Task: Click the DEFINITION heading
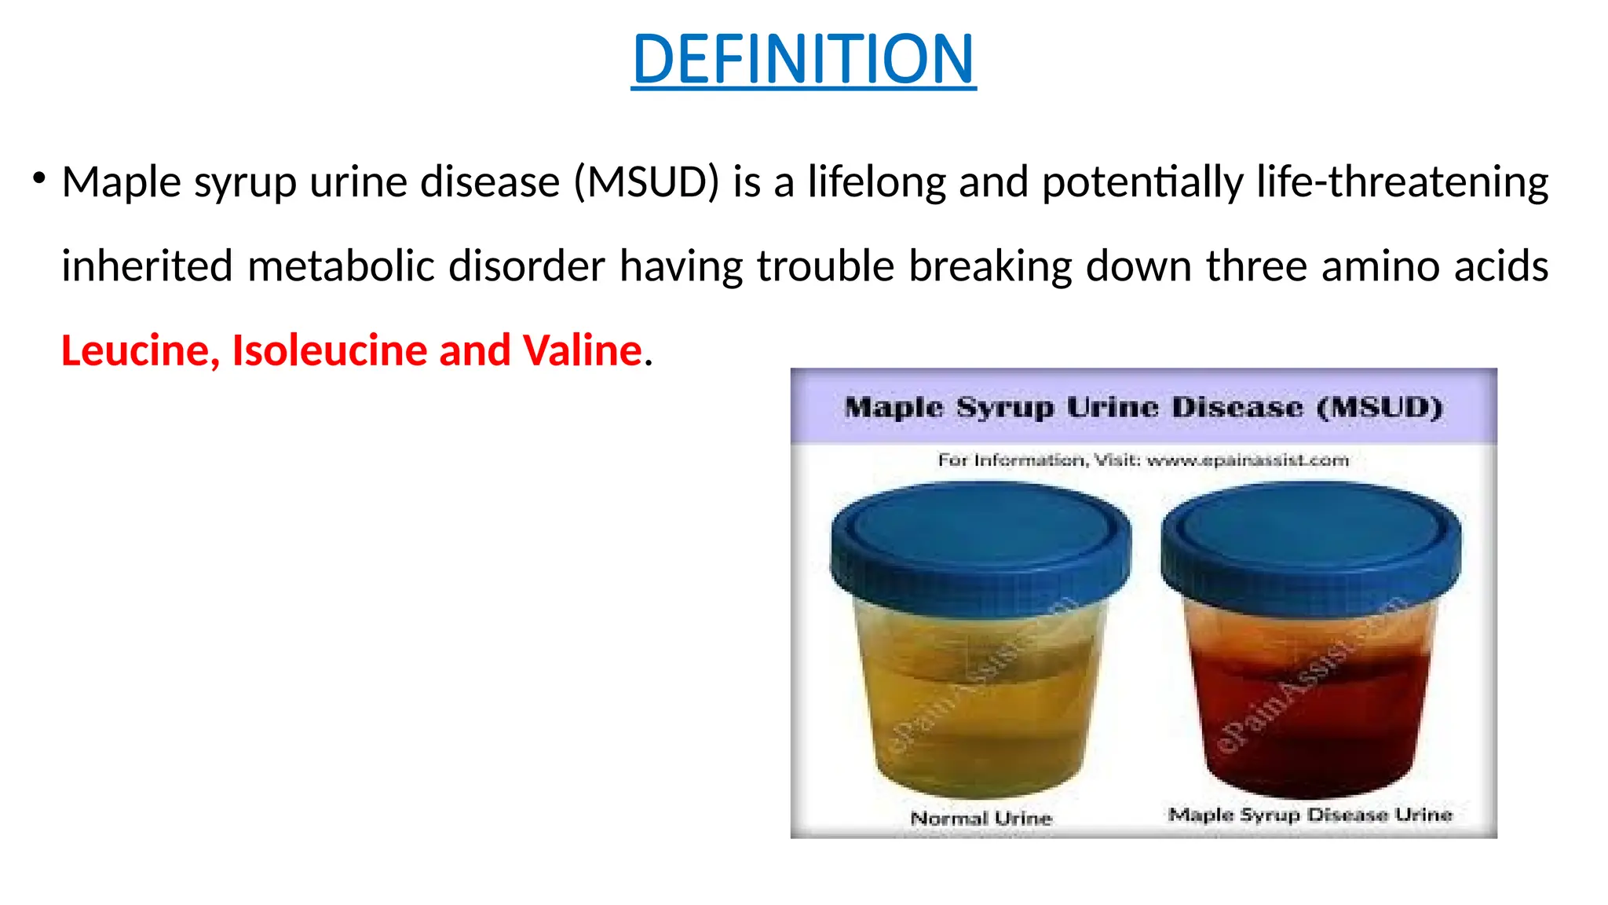[803, 59]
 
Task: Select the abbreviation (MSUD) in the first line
[646, 182]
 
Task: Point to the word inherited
[147, 266]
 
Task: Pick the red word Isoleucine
[328, 350]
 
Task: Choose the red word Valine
[582, 350]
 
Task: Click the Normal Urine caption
[981, 819]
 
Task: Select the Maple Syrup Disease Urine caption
[1310, 815]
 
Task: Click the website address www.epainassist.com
[1248, 460]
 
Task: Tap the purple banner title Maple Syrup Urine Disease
[1143, 408]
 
